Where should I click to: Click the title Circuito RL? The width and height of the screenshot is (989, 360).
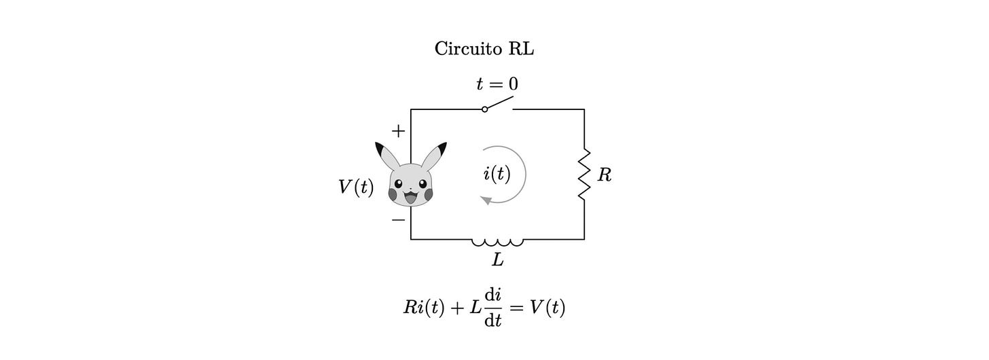[x=484, y=49]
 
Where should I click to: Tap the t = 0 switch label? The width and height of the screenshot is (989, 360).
[x=497, y=84]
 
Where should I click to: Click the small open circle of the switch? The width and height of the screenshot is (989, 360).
[x=484, y=109]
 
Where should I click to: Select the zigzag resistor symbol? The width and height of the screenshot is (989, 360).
[x=583, y=175]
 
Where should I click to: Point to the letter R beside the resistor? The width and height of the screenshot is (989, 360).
[x=604, y=175]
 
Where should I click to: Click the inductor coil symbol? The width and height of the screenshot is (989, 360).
[x=498, y=241]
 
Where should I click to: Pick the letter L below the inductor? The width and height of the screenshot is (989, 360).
[x=498, y=259]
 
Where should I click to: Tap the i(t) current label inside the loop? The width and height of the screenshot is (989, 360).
[x=497, y=174]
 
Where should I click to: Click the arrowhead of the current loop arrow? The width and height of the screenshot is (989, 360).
[x=485, y=200]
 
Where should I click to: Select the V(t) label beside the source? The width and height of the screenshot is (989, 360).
[x=356, y=187]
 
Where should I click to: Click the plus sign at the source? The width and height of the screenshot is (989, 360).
[x=399, y=131]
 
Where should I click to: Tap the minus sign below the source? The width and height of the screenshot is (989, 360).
[x=399, y=220]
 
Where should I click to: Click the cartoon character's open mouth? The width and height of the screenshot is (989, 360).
[x=410, y=198]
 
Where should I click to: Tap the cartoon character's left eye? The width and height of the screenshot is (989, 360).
[x=399, y=183]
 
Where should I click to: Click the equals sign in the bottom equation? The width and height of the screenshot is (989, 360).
[x=517, y=308]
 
